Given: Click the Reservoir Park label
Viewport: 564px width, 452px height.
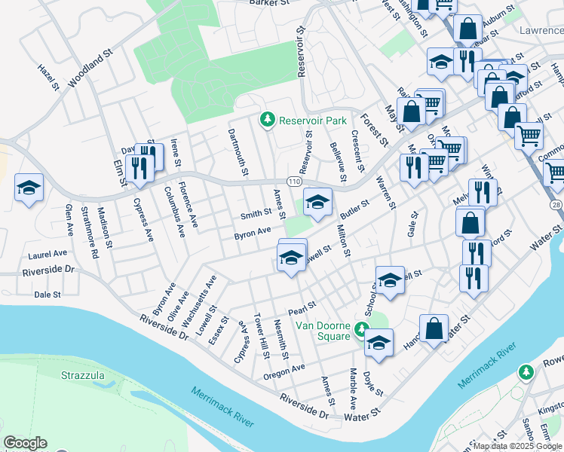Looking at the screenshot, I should (312, 120).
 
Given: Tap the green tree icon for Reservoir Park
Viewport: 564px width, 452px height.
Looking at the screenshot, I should (266, 119).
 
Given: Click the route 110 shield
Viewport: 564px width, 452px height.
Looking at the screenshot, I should (294, 182).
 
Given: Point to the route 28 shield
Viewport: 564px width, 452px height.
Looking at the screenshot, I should (556, 206).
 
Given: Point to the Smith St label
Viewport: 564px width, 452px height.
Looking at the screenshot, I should (256, 215).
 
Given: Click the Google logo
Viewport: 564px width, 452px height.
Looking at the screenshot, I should (25, 443).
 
